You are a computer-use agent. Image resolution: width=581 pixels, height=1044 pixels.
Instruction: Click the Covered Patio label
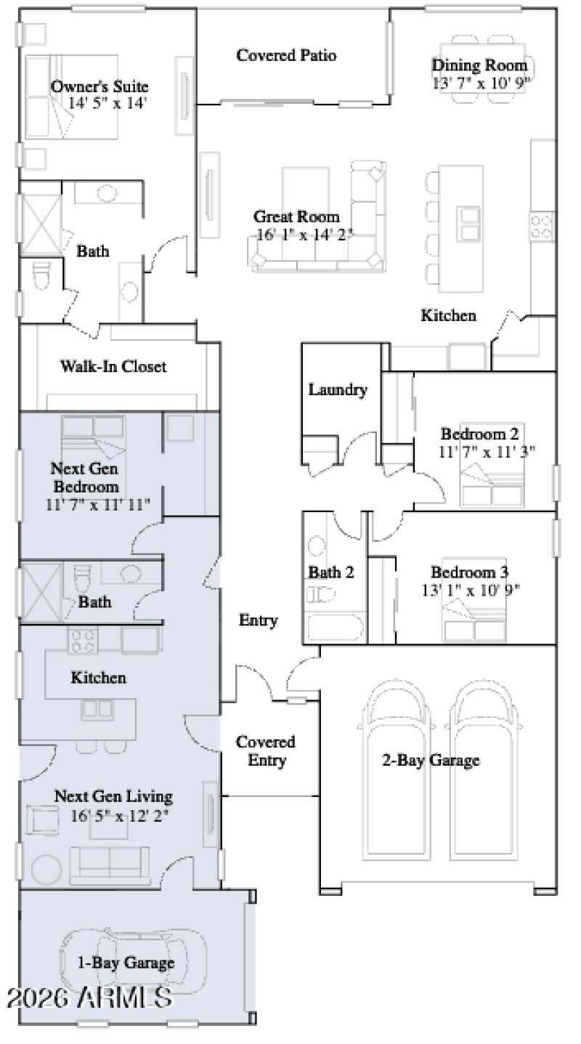coord(286,55)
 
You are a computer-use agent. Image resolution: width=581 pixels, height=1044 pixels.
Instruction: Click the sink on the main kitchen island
coord(468,223)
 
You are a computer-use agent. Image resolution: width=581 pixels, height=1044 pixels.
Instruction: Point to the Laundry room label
coord(338,389)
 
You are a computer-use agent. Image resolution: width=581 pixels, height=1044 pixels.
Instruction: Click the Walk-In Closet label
coord(113,367)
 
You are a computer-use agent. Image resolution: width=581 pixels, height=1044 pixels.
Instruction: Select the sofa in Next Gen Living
coord(110,862)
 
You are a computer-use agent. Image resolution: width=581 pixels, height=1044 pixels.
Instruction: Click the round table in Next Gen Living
coord(46,869)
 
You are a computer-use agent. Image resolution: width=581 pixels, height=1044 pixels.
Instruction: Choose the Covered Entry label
coord(265,751)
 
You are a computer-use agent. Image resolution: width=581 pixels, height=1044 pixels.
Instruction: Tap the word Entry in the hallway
coord(259,620)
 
